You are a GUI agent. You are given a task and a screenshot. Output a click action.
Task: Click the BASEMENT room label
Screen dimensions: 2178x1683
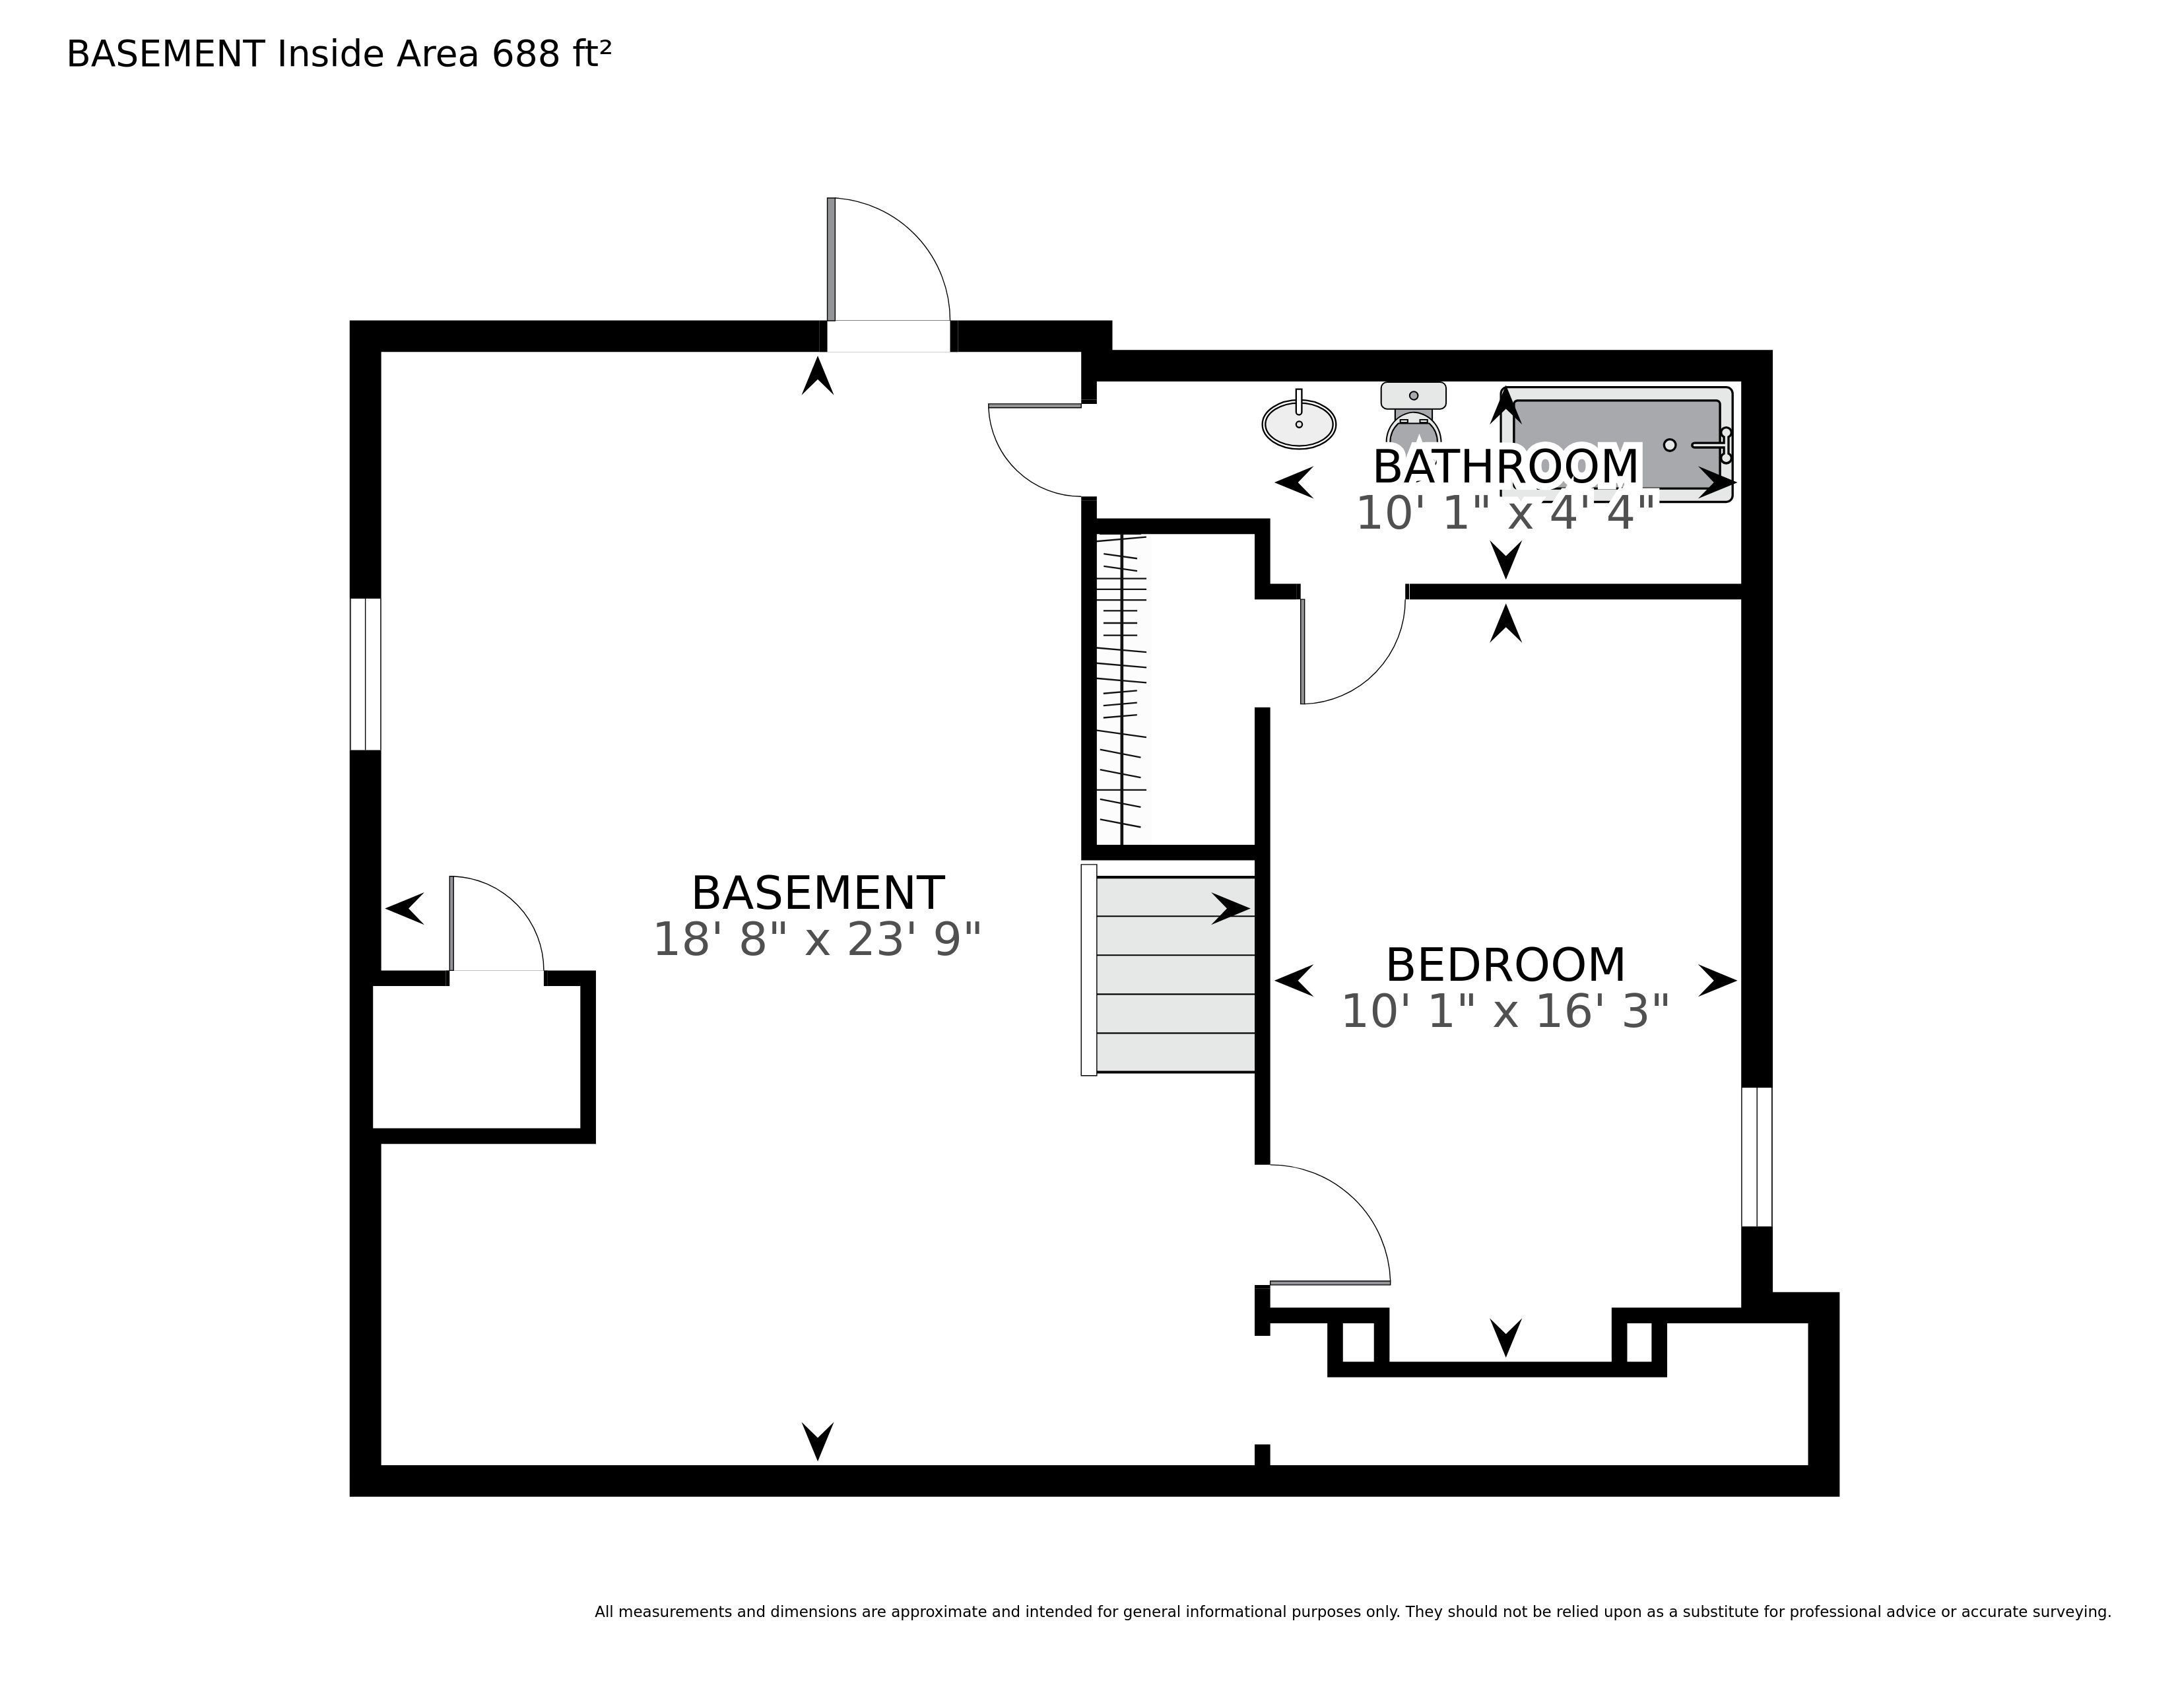(817, 894)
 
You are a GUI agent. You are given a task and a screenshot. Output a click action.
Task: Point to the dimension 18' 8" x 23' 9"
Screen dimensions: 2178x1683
(817, 939)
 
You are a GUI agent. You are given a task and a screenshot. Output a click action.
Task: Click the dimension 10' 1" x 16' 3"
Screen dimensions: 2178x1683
(1505, 1011)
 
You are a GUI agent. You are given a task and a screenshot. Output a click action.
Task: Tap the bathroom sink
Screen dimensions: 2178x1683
(1298, 423)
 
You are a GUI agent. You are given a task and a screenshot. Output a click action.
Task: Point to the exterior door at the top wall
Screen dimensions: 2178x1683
(888, 273)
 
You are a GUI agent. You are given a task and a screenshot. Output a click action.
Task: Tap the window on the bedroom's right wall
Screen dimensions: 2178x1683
(1757, 1156)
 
